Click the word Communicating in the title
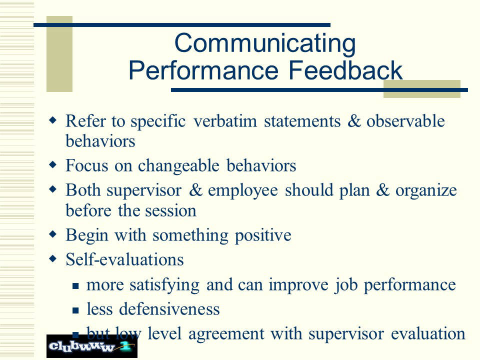point(265,44)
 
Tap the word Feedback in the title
point(345,70)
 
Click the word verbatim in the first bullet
point(225,121)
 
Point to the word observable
point(405,120)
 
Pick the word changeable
point(178,165)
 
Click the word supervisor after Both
point(144,190)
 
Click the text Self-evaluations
point(124,259)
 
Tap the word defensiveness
point(169,308)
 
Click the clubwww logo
point(92,346)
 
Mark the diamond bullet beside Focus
point(53,164)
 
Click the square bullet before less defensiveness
point(75,310)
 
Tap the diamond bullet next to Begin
point(53,234)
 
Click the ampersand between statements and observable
point(354,120)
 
